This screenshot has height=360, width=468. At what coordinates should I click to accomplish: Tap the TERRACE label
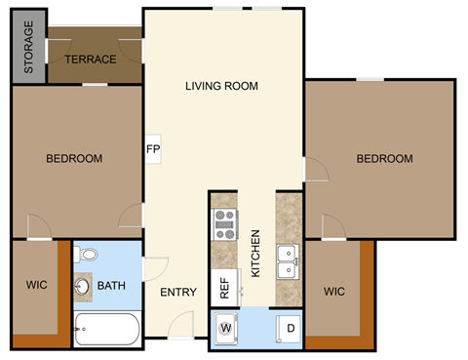click(x=91, y=60)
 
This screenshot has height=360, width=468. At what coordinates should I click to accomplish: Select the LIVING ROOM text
click(x=221, y=86)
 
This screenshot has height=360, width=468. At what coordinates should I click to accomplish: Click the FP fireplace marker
click(x=153, y=149)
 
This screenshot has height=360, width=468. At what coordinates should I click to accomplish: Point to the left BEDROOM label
click(x=75, y=158)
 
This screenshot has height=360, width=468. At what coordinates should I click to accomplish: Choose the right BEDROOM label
click(x=383, y=158)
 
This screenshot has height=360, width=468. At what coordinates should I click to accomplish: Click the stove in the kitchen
click(x=225, y=225)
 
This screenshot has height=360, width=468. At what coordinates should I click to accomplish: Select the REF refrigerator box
click(x=224, y=288)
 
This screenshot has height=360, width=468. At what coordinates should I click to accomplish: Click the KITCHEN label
click(x=255, y=254)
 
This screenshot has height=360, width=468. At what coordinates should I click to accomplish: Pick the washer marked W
click(x=226, y=326)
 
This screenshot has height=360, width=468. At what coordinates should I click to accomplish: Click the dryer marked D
click(x=289, y=326)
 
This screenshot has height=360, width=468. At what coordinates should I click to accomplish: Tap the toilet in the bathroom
click(x=88, y=257)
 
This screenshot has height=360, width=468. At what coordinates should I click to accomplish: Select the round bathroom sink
click(x=83, y=287)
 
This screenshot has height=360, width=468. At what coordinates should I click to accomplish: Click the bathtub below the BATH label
click(x=107, y=329)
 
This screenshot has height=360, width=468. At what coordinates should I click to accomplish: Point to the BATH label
click(x=110, y=287)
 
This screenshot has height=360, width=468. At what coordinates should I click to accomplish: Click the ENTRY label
click(x=177, y=292)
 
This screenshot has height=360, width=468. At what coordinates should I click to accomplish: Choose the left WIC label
click(x=37, y=287)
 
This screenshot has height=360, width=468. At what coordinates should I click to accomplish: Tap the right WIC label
click(x=334, y=291)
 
